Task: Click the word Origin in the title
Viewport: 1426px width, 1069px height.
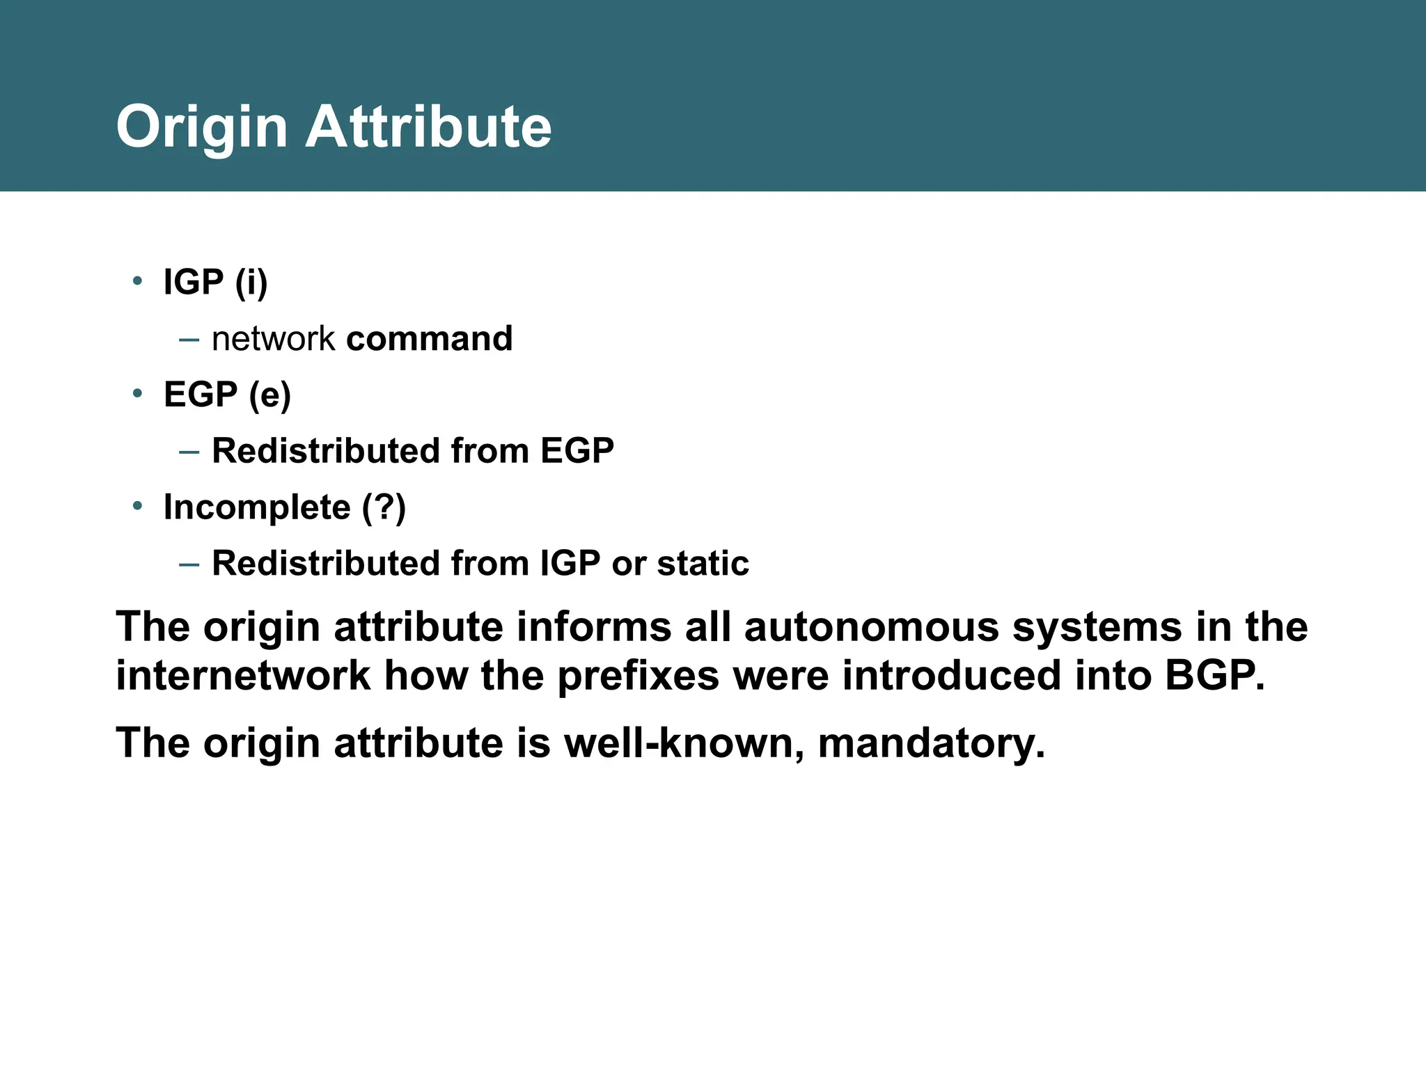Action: (201, 128)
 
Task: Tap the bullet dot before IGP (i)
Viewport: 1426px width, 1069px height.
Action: (137, 281)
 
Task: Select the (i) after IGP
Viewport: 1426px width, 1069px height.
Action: (251, 283)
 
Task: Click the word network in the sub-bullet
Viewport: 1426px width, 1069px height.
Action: (273, 339)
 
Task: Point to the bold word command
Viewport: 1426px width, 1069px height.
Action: (429, 339)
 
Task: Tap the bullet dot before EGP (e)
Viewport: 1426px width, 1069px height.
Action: (137, 394)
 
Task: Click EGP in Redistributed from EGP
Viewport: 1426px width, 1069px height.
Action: (577, 451)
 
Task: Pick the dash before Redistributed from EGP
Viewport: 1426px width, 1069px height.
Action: (189, 452)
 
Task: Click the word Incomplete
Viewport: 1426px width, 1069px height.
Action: (256, 507)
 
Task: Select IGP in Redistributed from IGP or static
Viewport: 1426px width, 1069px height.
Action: (570, 564)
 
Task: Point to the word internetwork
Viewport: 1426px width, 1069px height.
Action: (242, 676)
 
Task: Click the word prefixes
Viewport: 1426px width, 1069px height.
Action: (638, 676)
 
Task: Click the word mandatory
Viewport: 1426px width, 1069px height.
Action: (930, 744)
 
